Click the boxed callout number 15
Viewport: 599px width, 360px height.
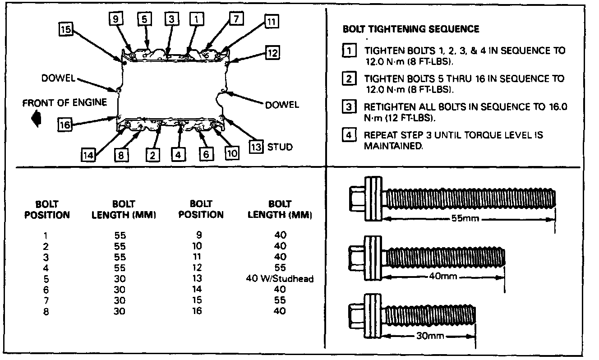(65, 29)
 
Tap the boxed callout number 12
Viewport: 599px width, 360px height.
(272, 53)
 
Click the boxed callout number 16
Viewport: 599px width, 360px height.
(65, 124)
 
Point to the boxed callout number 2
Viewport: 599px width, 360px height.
(153, 155)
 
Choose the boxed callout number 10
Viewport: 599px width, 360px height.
(232, 153)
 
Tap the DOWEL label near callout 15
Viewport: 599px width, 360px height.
(58, 78)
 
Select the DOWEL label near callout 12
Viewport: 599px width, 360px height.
(282, 105)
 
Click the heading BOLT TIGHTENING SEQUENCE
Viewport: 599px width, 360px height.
(410, 29)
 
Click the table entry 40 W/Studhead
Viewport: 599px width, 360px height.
(280, 278)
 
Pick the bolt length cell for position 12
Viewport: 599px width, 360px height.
(280, 268)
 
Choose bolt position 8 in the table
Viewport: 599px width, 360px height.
(46, 311)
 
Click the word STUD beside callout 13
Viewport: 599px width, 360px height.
(280, 147)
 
